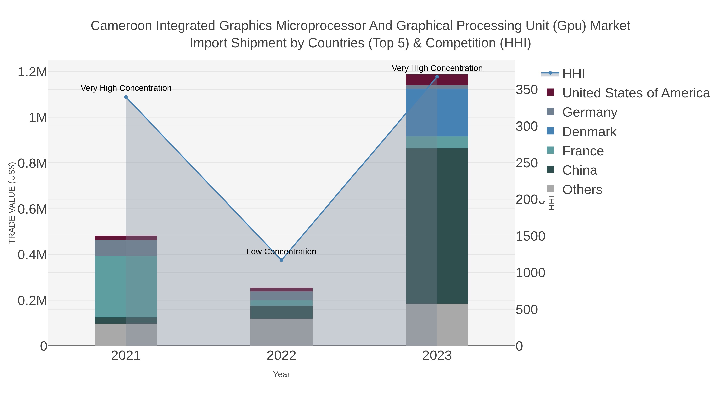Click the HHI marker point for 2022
click(x=281, y=260)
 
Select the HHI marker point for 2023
click(x=437, y=77)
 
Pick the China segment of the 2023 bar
click(x=437, y=226)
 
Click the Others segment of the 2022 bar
click(x=281, y=332)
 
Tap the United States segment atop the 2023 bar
click(x=437, y=80)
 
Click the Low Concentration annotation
click(x=281, y=252)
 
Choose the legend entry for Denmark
click(x=589, y=132)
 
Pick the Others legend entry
click(x=582, y=190)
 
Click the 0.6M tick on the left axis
click(x=32, y=209)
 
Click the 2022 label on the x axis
click(x=281, y=356)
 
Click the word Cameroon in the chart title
click(x=121, y=26)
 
